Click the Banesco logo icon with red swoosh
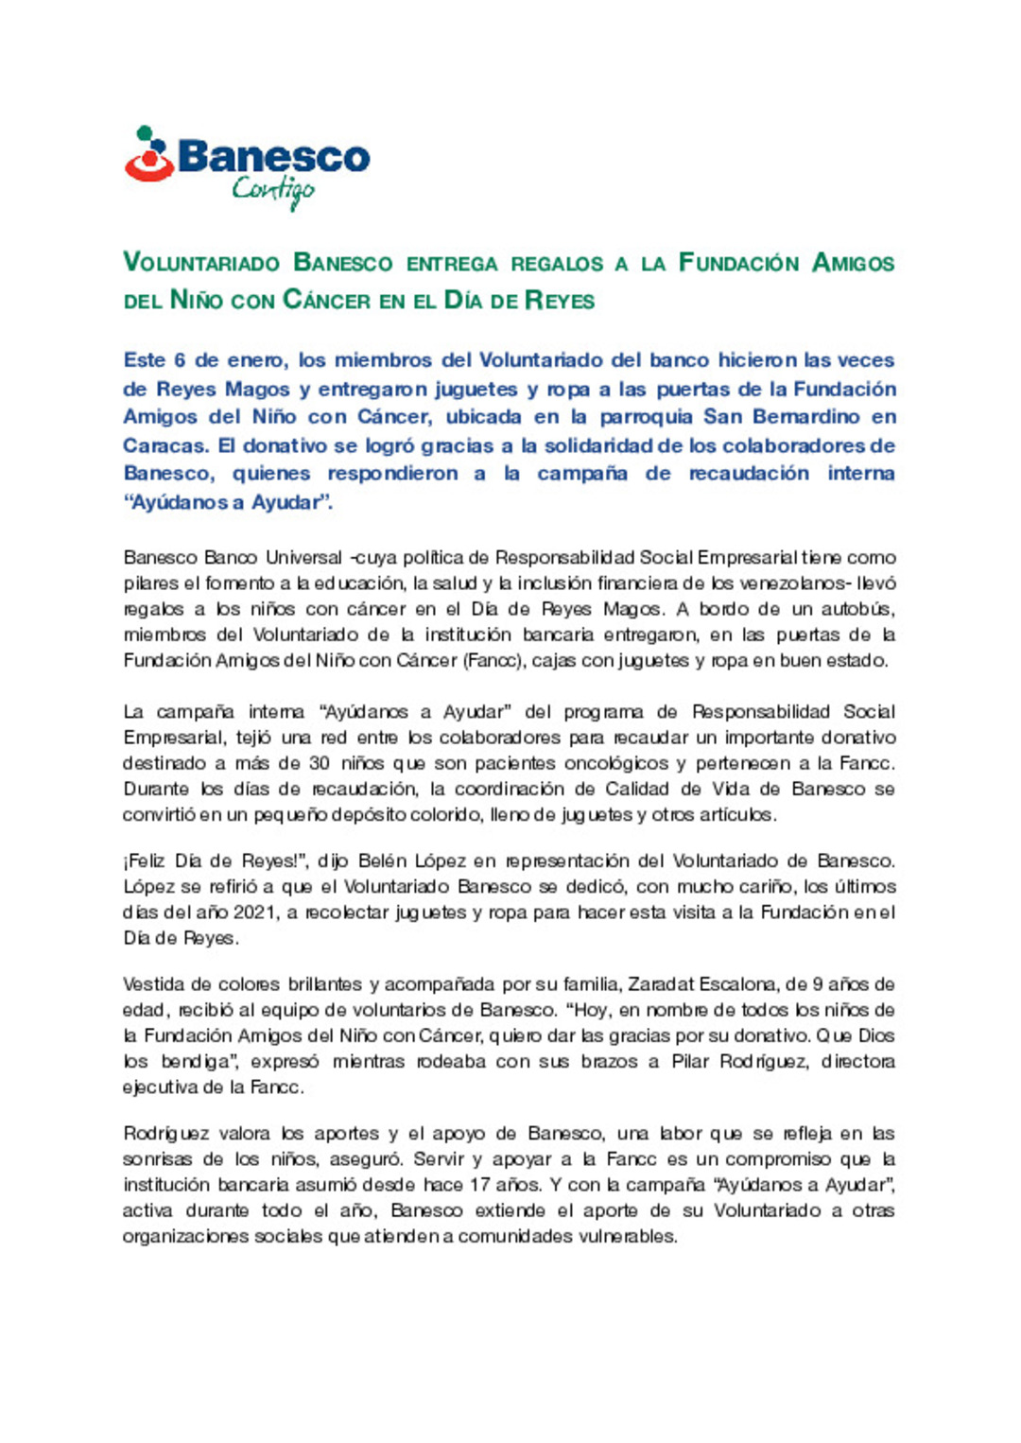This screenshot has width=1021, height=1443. tap(148, 155)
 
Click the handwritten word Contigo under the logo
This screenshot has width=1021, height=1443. tap(272, 190)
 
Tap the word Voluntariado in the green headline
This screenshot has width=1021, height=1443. tap(201, 263)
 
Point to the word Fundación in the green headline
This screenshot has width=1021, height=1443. tap(738, 263)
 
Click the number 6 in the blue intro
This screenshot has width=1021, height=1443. tap(180, 360)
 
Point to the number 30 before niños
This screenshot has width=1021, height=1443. tap(319, 763)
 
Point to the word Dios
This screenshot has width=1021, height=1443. tap(876, 1036)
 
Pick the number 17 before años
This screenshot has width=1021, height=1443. tap(480, 1185)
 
